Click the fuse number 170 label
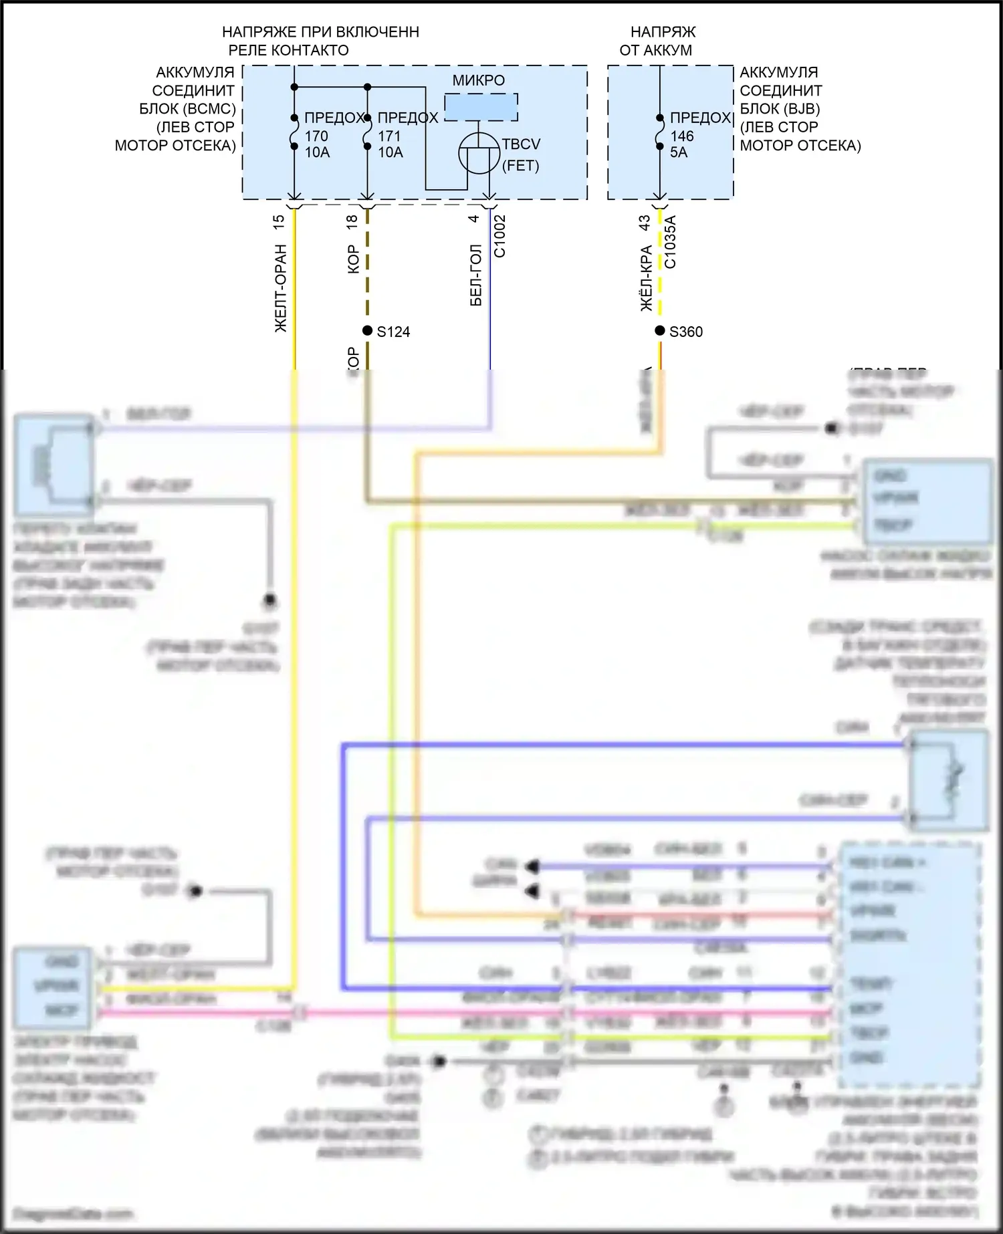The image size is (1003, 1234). pos(316,136)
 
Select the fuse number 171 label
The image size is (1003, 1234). pos(389,136)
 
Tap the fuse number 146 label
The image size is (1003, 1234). pos(682,136)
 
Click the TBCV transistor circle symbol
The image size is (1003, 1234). pos(479,153)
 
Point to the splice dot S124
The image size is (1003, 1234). pos(367,331)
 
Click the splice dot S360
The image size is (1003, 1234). pos(659,331)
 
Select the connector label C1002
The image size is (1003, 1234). pos(500,236)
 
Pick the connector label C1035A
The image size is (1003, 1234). pos(670,241)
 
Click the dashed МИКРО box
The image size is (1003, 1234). pos(481,107)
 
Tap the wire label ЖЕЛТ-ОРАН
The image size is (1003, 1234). pos(281,287)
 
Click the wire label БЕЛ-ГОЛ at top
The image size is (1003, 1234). pos(476,275)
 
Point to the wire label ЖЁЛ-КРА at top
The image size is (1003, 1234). pos(646,279)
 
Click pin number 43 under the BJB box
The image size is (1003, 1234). pos(645,223)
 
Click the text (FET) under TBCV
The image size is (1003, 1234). pos(520,166)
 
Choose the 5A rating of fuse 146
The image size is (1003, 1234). pos(679,152)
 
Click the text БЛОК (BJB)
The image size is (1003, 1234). pos(780,108)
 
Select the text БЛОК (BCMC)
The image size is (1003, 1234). pos(187,108)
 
